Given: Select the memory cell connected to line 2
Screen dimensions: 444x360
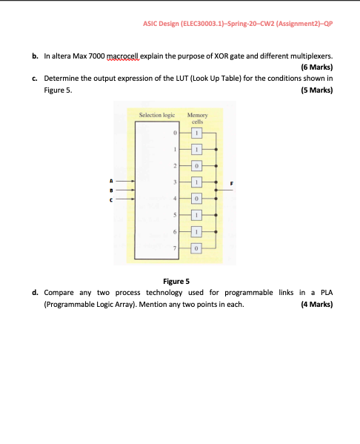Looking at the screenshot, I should (197, 165).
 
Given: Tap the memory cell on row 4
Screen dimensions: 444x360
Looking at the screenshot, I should (197, 199).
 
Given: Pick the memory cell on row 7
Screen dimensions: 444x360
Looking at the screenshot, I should (197, 248).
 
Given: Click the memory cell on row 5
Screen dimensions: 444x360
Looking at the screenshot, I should (197, 215).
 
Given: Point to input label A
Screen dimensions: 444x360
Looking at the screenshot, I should (110, 180).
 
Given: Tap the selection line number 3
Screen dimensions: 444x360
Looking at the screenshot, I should (176, 182).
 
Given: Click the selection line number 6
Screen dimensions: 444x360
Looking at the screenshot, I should (176, 231).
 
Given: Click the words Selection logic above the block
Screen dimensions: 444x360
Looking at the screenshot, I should (157, 116).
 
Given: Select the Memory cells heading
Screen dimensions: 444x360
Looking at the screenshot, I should (198, 119).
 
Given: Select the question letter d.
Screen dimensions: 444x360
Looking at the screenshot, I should (35, 293).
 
